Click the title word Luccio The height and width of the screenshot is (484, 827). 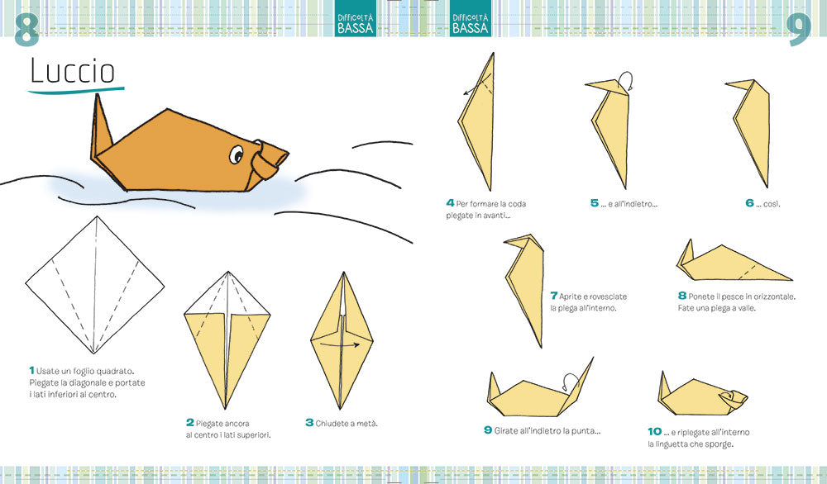click(73, 72)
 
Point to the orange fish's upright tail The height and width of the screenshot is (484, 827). click(103, 124)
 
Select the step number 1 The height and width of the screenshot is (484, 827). click(31, 370)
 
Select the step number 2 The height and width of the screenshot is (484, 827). click(189, 422)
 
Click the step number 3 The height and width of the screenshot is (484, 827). click(309, 422)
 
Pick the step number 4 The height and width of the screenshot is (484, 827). click(450, 203)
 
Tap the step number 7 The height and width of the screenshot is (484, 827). click(553, 295)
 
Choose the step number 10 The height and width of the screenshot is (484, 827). click(654, 431)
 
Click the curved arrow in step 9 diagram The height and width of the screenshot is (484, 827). click(568, 380)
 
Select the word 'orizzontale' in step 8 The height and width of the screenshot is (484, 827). click(769, 295)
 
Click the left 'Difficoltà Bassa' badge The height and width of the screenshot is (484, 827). click(356, 22)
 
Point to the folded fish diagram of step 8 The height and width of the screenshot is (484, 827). click(728, 263)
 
